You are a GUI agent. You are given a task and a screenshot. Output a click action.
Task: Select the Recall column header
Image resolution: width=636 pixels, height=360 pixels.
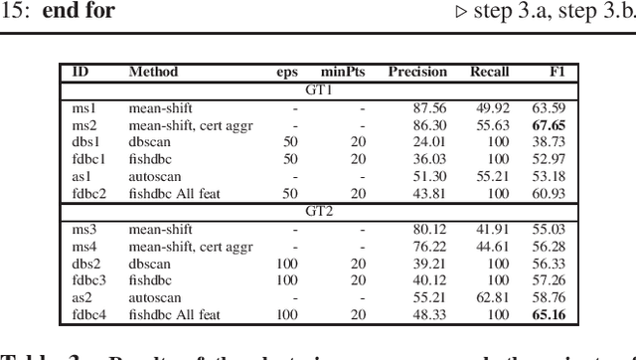pyautogui.click(x=488, y=72)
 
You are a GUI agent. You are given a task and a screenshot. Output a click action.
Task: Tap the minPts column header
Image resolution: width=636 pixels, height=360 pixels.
pyautogui.click(x=343, y=72)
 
